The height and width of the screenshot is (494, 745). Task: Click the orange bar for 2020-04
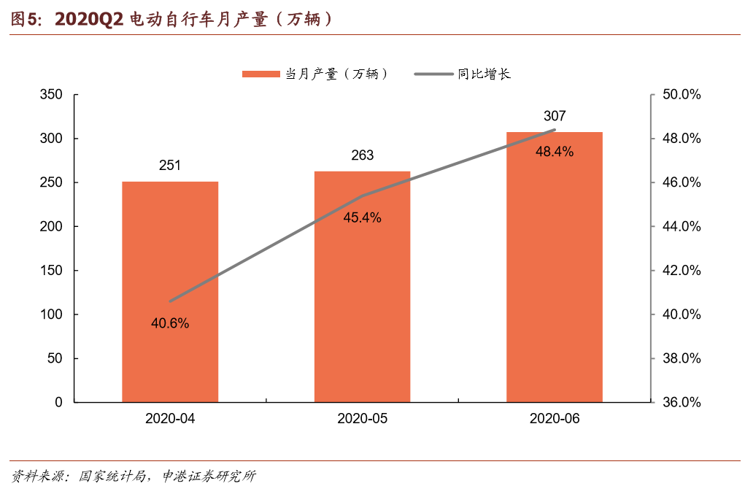point(170,292)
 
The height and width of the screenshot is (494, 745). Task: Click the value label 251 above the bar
point(170,166)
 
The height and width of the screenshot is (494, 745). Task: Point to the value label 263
point(362,155)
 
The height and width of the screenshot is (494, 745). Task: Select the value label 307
point(555,116)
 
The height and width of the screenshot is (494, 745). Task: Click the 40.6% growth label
point(170,323)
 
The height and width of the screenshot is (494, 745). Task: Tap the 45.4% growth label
point(362,217)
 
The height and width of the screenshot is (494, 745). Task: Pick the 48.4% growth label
point(555,152)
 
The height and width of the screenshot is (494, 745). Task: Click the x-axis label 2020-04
point(170,419)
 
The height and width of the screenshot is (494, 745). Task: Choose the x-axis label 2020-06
point(555,419)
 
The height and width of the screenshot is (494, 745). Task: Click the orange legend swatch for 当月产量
point(261,74)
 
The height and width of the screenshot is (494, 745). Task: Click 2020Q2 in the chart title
point(88,19)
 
